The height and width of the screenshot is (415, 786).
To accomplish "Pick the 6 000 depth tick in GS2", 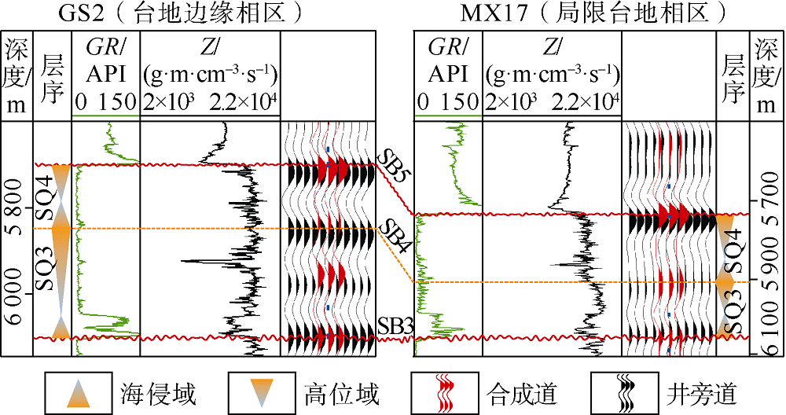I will (x=17, y=293).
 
